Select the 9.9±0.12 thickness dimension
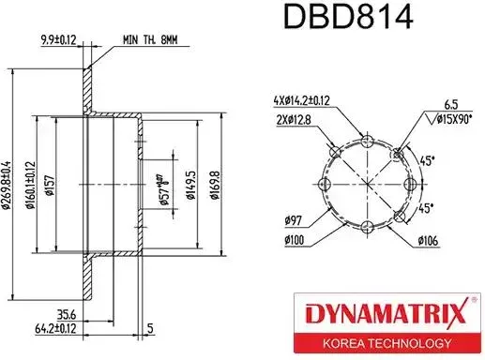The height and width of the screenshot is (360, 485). (69, 39)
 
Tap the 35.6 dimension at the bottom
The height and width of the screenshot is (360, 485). (67, 315)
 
